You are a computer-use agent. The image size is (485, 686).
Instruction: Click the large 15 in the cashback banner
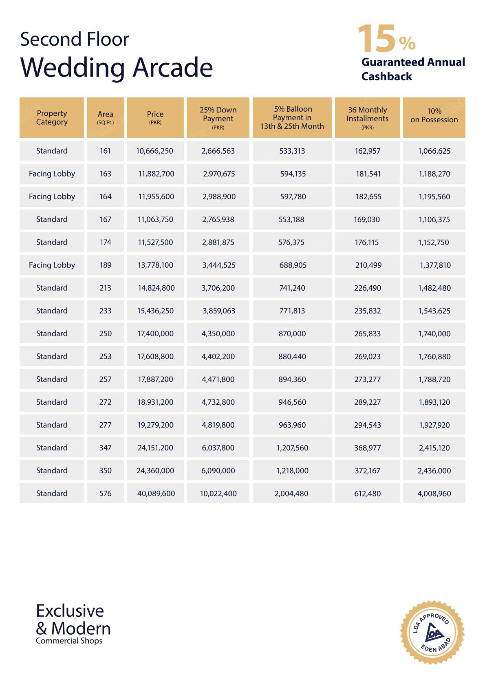click(x=376, y=39)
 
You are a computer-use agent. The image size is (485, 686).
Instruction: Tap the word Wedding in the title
click(x=73, y=68)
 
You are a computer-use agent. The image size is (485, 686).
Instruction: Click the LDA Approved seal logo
click(x=432, y=632)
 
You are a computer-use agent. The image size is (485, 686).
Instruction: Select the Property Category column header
click(x=52, y=118)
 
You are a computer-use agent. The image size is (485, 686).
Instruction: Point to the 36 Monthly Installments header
click(x=367, y=118)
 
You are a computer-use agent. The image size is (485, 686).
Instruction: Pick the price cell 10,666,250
click(x=154, y=151)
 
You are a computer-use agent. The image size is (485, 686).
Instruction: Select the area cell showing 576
click(x=105, y=493)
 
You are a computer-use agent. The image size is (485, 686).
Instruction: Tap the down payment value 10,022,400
click(x=218, y=493)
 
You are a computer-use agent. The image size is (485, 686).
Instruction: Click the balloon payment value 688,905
click(x=293, y=265)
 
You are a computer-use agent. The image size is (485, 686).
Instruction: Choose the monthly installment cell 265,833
click(x=367, y=333)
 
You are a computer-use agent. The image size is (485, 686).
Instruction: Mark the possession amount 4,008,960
click(x=434, y=493)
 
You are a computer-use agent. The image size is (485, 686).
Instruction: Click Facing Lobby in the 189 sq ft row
click(x=52, y=265)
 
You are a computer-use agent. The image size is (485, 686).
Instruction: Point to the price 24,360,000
click(x=155, y=470)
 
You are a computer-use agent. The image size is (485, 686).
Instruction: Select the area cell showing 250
click(x=105, y=333)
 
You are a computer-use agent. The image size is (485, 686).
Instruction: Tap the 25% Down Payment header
click(x=218, y=118)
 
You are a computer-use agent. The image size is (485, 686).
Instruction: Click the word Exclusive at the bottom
click(x=70, y=611)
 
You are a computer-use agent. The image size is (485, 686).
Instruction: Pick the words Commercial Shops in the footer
click(x=69, y=641)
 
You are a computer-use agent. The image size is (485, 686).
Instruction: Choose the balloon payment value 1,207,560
click(x=292, y=448)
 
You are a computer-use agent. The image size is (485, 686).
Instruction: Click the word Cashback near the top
click(x=386, y=76)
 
